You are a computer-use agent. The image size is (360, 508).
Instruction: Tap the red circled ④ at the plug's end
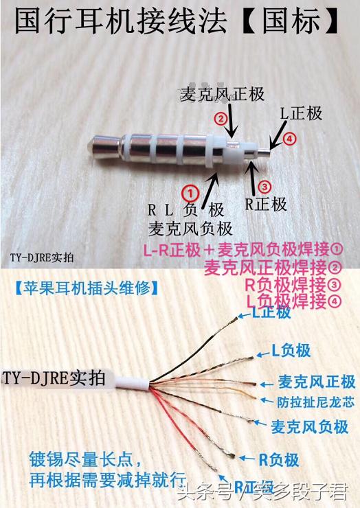point(289,139)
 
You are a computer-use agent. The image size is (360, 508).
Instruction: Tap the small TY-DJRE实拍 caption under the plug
point(42,258)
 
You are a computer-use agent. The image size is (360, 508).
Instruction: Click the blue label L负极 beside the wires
point(291,351)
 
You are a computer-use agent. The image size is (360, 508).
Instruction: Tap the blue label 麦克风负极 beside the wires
point(310,426)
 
